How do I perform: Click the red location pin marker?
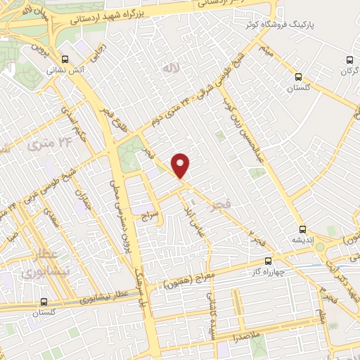click(x=181, y=165)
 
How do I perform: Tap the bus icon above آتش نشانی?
click(x=65, y=60)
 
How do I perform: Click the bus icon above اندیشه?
click(x=302, y=229)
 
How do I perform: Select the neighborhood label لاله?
click(x=167, y=68)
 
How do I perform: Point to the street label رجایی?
click(x=101, y=54)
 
